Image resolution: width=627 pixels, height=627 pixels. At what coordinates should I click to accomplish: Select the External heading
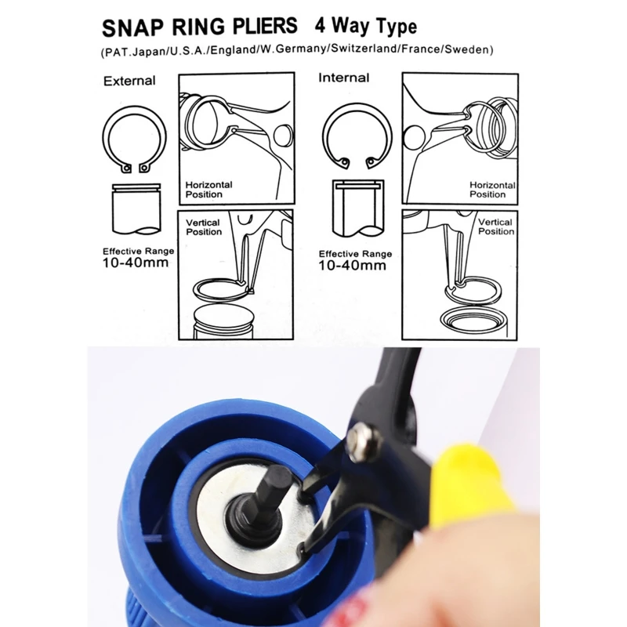coord(129,81)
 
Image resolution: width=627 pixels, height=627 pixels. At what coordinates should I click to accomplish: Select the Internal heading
coord(343,78)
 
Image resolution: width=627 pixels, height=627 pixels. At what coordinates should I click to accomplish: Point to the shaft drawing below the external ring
coord(136,208)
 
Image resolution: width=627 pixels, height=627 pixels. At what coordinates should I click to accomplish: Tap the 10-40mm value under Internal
coord(353,265)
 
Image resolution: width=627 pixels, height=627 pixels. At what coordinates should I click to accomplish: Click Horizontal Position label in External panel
coord(208,189)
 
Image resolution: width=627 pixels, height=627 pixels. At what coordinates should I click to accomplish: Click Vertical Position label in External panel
coord(204,227)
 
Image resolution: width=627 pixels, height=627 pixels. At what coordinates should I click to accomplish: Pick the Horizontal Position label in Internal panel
coord(491,190)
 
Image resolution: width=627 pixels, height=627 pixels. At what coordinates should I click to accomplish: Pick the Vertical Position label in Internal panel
coord(495,227)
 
